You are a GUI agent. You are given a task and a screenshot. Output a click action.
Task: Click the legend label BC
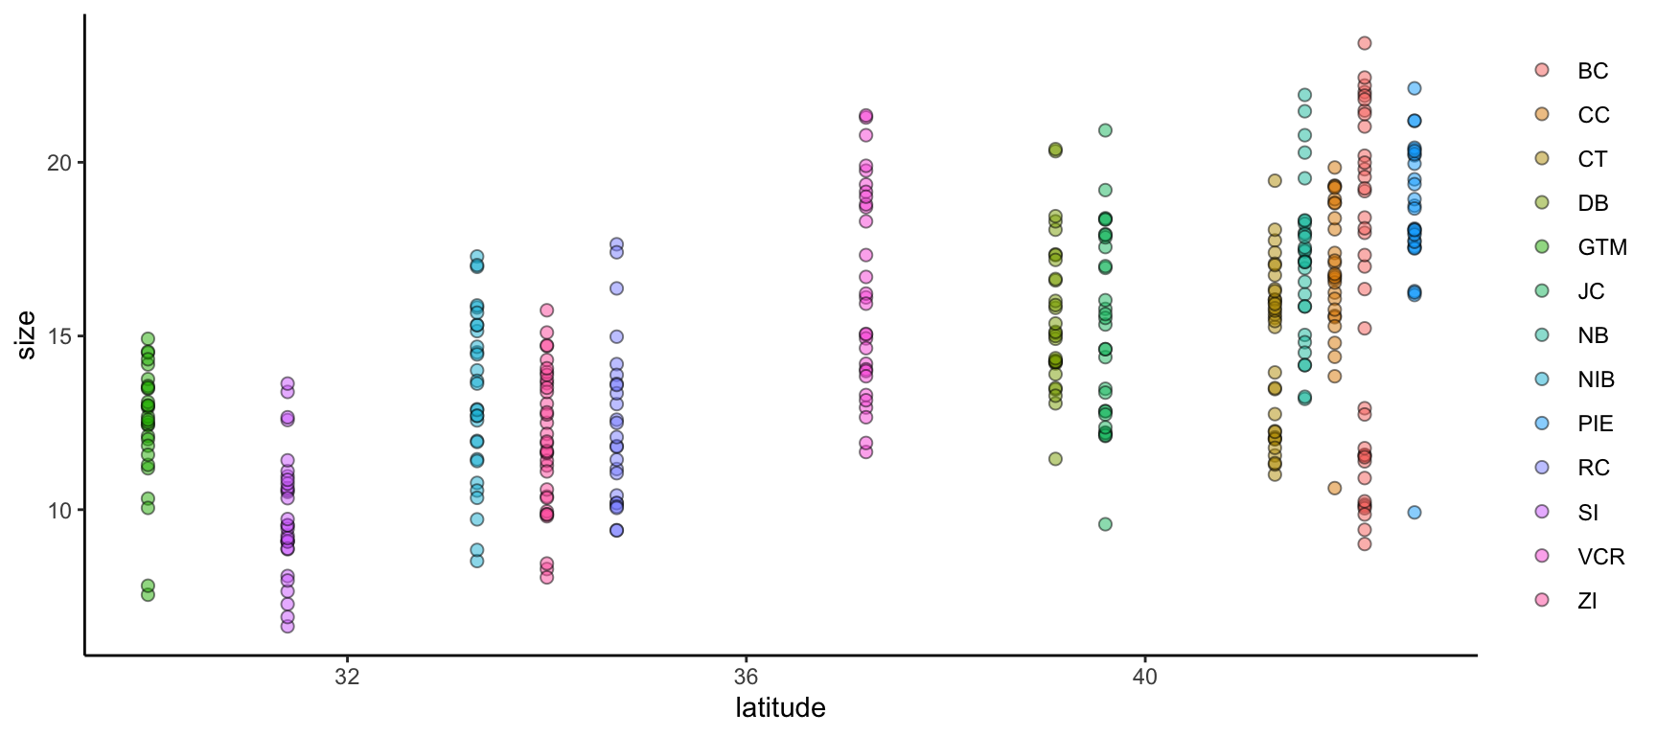pos(1593,71)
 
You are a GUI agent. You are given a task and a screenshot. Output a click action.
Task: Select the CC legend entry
pos(1593,115)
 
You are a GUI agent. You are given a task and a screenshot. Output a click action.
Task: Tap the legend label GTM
pos(1601,247)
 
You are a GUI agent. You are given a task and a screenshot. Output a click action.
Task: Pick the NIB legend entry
pos(1596,379)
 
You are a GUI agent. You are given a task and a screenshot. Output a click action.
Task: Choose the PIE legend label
pos(1595,424)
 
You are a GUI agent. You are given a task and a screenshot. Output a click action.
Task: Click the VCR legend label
pos(1600,557)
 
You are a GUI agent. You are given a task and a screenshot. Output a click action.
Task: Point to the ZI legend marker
pos(1542,600)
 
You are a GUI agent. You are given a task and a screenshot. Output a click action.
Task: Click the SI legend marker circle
pos(1542,512)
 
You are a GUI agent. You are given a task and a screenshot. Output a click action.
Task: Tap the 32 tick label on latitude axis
pos(347,677)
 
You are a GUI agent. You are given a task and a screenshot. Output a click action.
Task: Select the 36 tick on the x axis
pos(746,677)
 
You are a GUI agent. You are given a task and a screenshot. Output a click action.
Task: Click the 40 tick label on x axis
pos(1144,677)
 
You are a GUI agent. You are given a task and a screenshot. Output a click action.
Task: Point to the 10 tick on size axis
pos(59,511)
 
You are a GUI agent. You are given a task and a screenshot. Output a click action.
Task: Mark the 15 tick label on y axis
pos(59,336)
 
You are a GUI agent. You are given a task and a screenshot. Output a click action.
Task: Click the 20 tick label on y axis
pos(59,163)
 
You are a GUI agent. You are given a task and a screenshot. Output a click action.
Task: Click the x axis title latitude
pos(780,708)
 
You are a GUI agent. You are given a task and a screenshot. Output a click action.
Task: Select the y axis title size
pos(27,335)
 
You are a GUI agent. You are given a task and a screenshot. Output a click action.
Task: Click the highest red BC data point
pos(1365,43)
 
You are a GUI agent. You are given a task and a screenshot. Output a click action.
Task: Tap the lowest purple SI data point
pos(287,626)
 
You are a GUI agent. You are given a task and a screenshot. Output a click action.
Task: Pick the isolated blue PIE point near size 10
pos(1414,513)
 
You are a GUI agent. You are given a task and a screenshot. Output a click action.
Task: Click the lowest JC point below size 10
pos(1105,524)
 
